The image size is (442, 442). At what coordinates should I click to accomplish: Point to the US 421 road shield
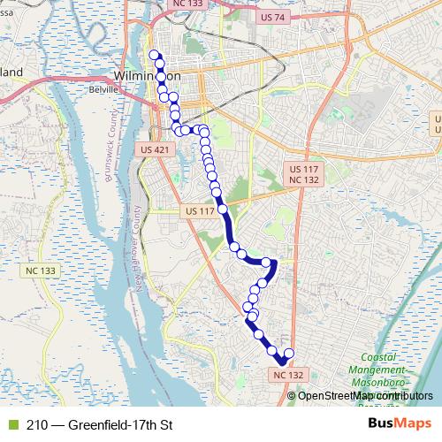coord(153,152)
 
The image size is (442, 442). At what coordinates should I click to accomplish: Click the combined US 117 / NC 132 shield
coord(303,174)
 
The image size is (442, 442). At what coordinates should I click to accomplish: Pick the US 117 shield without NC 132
coord(201,212)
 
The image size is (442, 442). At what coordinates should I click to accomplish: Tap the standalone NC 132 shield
coord(286,376)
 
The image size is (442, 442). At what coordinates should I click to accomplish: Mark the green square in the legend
coord(11,425)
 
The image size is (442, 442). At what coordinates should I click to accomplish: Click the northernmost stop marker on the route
coord(155,56)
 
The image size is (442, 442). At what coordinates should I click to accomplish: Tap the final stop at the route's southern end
coord(288,354)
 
